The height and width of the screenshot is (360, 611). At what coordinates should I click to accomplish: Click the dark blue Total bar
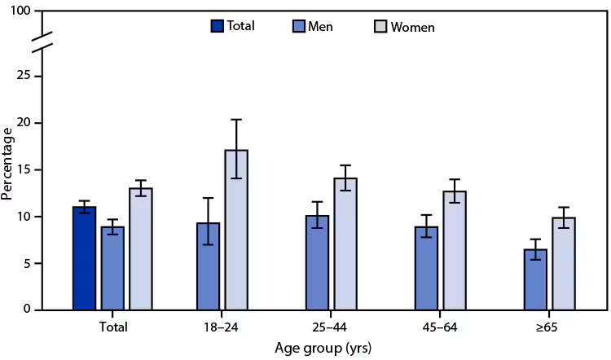(84, 258)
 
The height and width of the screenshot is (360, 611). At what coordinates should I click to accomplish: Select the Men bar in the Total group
(112, 268)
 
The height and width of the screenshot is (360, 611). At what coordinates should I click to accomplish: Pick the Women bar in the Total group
(141, 249)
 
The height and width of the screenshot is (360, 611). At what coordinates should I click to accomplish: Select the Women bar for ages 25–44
(345, 244)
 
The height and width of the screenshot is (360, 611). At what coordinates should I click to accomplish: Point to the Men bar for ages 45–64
(426, 268)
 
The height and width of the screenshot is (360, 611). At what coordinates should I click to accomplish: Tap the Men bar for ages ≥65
(535, 279)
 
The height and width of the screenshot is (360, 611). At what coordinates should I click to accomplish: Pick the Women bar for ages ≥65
(564, 263)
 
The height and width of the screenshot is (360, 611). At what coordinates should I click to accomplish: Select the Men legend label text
(320, 27)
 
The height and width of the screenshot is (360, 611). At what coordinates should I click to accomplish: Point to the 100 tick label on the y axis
(22, 11)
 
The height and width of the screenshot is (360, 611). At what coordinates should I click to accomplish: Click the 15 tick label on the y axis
(26, 169)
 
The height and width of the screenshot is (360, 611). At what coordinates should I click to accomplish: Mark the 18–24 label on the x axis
(222, 327)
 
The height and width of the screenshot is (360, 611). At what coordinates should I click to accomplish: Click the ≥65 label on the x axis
(549, 327)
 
